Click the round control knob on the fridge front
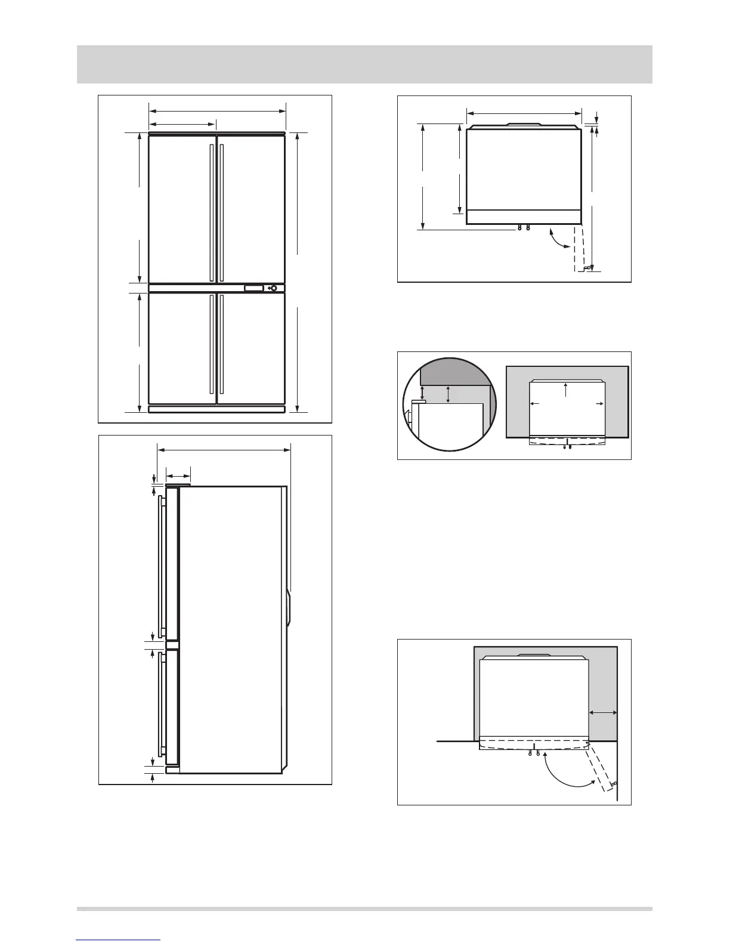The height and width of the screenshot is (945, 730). coord(274,288)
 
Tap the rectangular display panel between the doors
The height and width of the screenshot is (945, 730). coord(253,288)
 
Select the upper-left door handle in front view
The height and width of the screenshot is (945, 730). coord(212,212)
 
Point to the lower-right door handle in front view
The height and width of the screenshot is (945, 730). coord(221,343)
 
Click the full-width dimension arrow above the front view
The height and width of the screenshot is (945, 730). coord(218,110)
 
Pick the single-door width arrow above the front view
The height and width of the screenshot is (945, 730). coord(182,124)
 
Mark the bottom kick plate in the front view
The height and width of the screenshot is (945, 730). coord(216,410)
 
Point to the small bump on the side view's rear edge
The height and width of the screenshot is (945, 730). coord(289,607)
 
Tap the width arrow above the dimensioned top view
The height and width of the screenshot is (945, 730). coord(524,113)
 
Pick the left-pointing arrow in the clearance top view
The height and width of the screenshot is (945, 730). coord(535,404)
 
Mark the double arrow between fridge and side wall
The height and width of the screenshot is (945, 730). coord(603,712)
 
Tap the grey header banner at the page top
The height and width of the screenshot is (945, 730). coord(364,64)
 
